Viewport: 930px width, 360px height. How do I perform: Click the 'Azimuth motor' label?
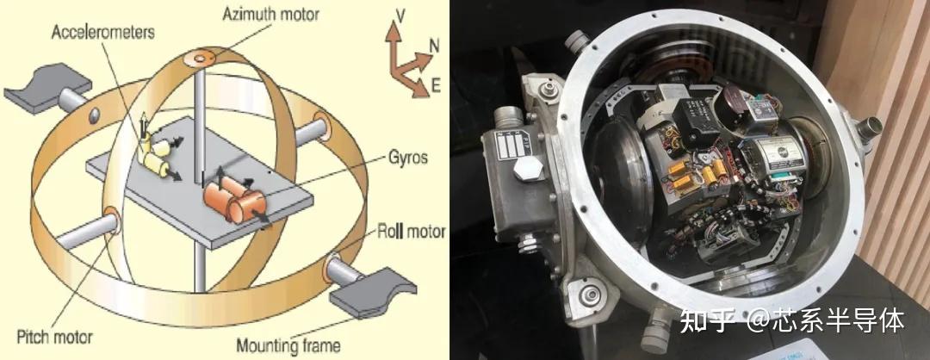coord(270,14)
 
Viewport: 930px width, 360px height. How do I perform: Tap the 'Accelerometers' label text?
coord(103,31)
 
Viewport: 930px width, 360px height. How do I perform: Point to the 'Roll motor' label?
coord(412,231)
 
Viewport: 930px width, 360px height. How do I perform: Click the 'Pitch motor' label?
coord(55,337)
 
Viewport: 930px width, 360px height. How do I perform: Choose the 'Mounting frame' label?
coord(288,345)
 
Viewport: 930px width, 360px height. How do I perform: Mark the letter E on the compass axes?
coord(436,87)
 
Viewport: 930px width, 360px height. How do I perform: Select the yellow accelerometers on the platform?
coord(154,154)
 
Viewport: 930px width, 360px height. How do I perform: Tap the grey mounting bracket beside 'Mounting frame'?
coord(373,291)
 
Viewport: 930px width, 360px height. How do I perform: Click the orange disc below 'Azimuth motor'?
coord(199,59)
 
